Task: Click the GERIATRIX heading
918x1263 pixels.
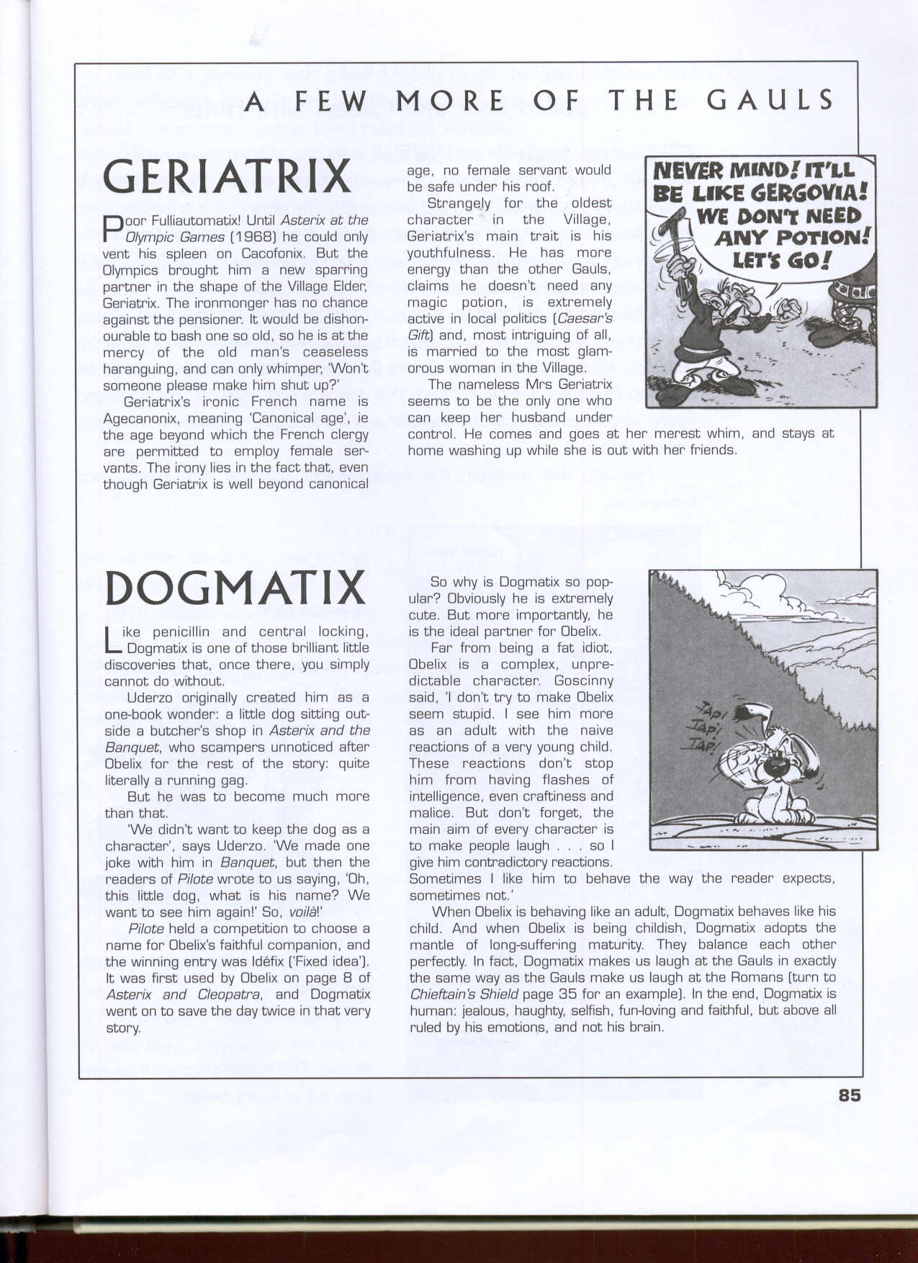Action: (227, 177)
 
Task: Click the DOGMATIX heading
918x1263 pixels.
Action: (235, 588)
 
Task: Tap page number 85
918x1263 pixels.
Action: (849, 1095)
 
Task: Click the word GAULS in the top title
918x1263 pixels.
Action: (770, 101)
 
